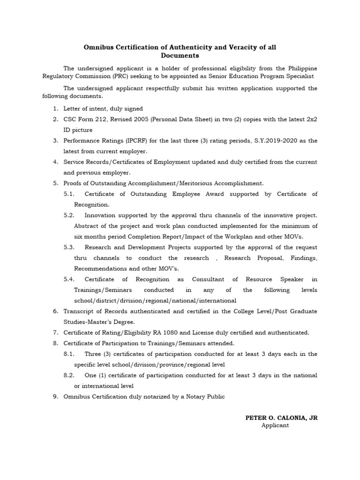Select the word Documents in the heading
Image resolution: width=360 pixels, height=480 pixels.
click(180, 55)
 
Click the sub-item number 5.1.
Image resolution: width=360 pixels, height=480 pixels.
click(69, 194)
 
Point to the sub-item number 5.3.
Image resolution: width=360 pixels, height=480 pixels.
click(69, 247)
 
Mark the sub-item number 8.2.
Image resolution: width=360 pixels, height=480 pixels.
click(69, 375)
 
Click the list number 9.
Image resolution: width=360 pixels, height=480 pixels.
click(55, 397)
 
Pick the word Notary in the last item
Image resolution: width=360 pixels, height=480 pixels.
click(191, 397)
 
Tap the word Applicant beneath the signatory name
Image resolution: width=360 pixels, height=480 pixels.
click(275, 426)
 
